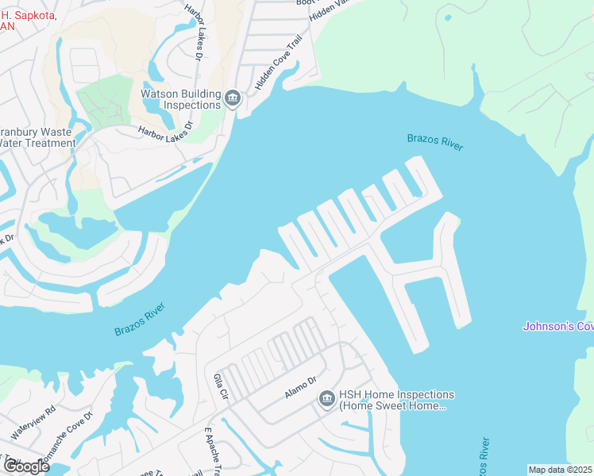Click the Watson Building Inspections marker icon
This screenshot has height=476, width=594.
coord(233,98)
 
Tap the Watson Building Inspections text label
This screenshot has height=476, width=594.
coord(180,99)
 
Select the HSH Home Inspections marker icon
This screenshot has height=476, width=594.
coord(326,399)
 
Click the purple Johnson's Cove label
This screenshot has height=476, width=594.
coord(558,326)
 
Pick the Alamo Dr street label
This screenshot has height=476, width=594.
coord(301,390)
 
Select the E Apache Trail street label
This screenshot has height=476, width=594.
coord(212,452)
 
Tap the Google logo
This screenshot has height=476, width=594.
coord(25,466)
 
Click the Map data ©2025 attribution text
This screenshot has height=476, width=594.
coord(560,470)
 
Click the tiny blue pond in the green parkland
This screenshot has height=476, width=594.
coord(449,17)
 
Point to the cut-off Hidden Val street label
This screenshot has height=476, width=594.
coord(330,10)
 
